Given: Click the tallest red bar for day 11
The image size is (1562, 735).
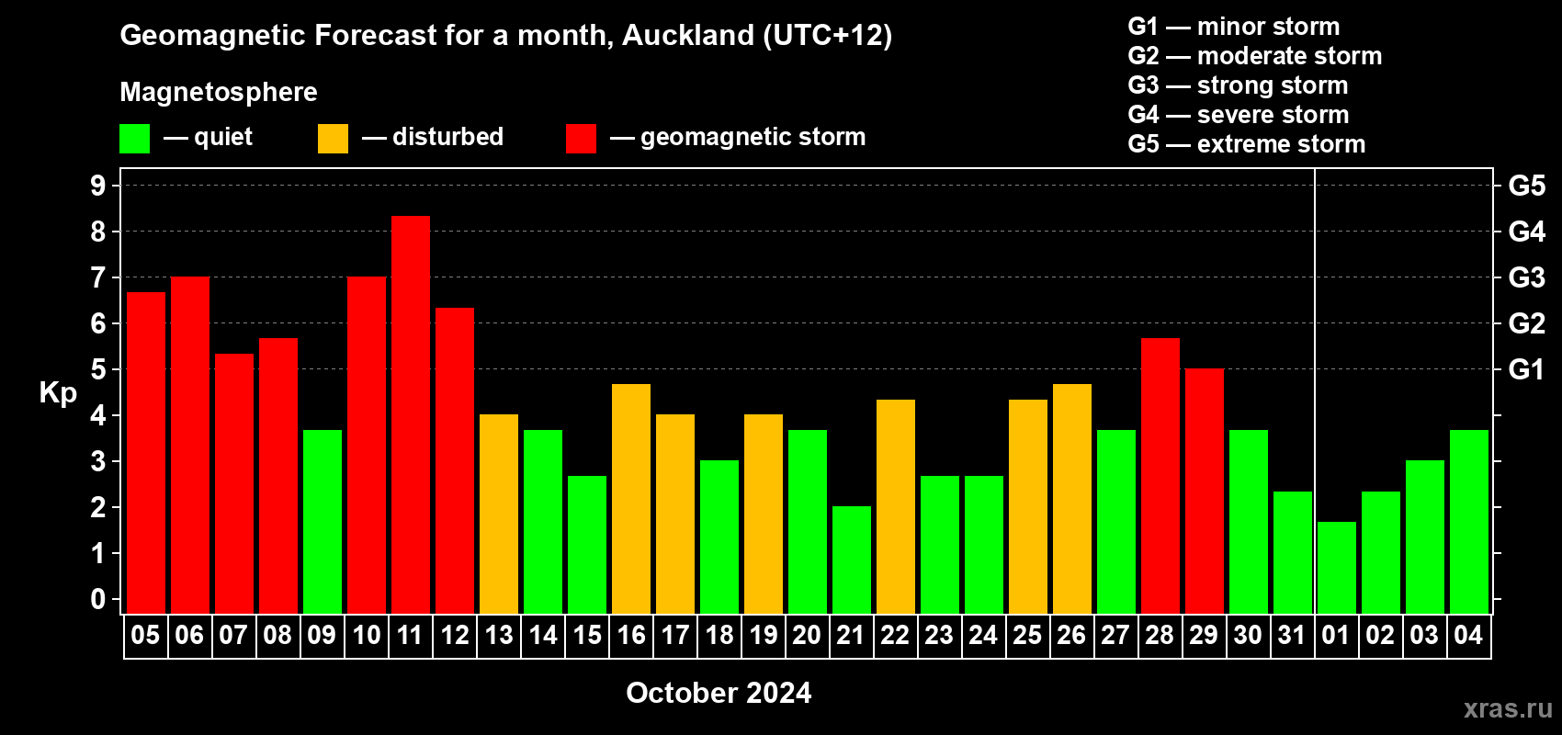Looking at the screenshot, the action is pos(411,414).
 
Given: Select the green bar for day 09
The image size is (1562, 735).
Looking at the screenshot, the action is pos(323,522).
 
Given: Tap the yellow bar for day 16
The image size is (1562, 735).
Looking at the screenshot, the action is pos(631,499).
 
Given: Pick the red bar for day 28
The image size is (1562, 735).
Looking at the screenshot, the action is pos(1160,476).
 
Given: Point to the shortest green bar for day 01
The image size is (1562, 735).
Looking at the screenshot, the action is pos(1337,568).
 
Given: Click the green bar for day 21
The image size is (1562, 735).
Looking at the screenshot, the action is pos(852,560).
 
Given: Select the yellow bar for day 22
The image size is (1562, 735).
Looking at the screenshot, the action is pos(895,506).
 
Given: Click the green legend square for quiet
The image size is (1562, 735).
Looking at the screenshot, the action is pos(134,138).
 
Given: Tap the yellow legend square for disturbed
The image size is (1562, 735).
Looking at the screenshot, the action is pos(333,138).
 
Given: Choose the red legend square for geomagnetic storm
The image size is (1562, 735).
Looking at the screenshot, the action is pos(581,138).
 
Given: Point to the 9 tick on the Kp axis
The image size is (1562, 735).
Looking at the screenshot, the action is pos(97,186).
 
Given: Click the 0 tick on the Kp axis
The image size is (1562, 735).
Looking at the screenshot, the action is pos(97,599).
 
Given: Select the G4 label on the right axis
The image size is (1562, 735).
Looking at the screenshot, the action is pos(1526,232).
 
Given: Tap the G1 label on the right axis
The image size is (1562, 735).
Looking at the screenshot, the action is pos(1526,369).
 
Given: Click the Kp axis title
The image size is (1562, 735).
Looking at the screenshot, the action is pos(58,393).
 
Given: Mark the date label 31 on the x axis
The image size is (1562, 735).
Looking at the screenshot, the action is pos(1292,635).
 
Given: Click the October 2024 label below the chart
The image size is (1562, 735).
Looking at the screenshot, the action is pos(719,693).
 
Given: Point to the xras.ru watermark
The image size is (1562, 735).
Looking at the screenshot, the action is pos(1508,708).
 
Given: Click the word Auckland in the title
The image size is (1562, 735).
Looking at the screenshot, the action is pos(688,36).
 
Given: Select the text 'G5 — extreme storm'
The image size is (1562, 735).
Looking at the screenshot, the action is pos(1247,144).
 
